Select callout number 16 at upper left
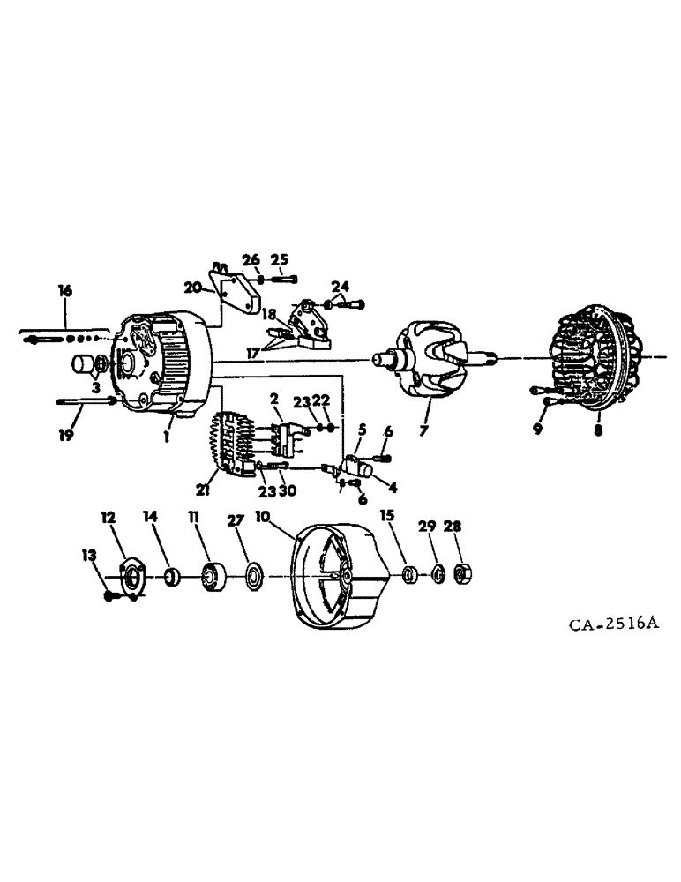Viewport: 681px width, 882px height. [x=64, y=290]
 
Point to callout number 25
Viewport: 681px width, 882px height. [x=280, y=259]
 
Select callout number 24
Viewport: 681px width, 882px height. [x=340, y=285]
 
